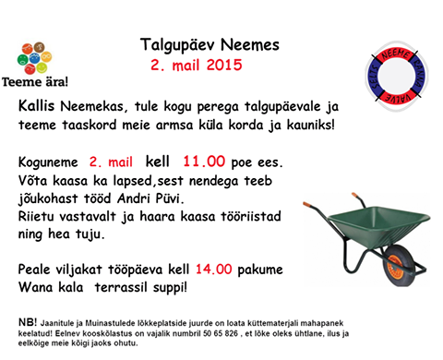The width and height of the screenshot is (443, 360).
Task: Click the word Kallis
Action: coord(37,107)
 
